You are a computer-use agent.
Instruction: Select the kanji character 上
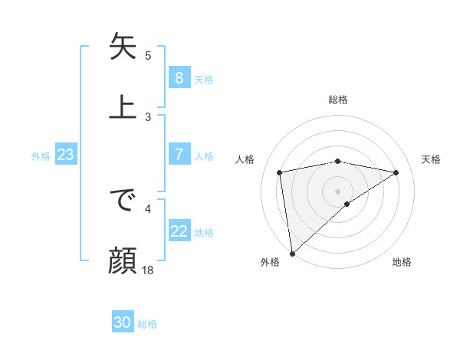tap(123, 106)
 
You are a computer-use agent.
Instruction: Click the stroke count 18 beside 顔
tap(148, 270)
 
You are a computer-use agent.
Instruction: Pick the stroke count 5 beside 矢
tap(148, 55)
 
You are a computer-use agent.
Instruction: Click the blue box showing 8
tap(179, 78)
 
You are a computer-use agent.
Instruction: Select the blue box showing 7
tap(179, 155)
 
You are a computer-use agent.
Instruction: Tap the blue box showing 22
tap(179, 231)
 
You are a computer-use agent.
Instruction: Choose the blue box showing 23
tap(65, 155)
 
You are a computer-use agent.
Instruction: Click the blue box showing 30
tap(123, 322)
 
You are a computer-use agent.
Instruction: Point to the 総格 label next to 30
tap(147, 324)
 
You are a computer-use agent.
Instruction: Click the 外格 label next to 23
tap(41, 156)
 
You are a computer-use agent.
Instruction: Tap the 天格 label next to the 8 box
tap(203, 80)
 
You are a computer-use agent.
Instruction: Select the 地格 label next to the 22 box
tap(204, 233)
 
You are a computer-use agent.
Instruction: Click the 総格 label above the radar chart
tap(338, 100)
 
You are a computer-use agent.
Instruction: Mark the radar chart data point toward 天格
tap(396, 172)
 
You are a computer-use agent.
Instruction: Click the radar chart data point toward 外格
tap(291, 253)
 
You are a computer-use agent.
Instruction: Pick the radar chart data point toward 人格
tap(280, 172)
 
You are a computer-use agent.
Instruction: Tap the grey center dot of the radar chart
tap(338, 191)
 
